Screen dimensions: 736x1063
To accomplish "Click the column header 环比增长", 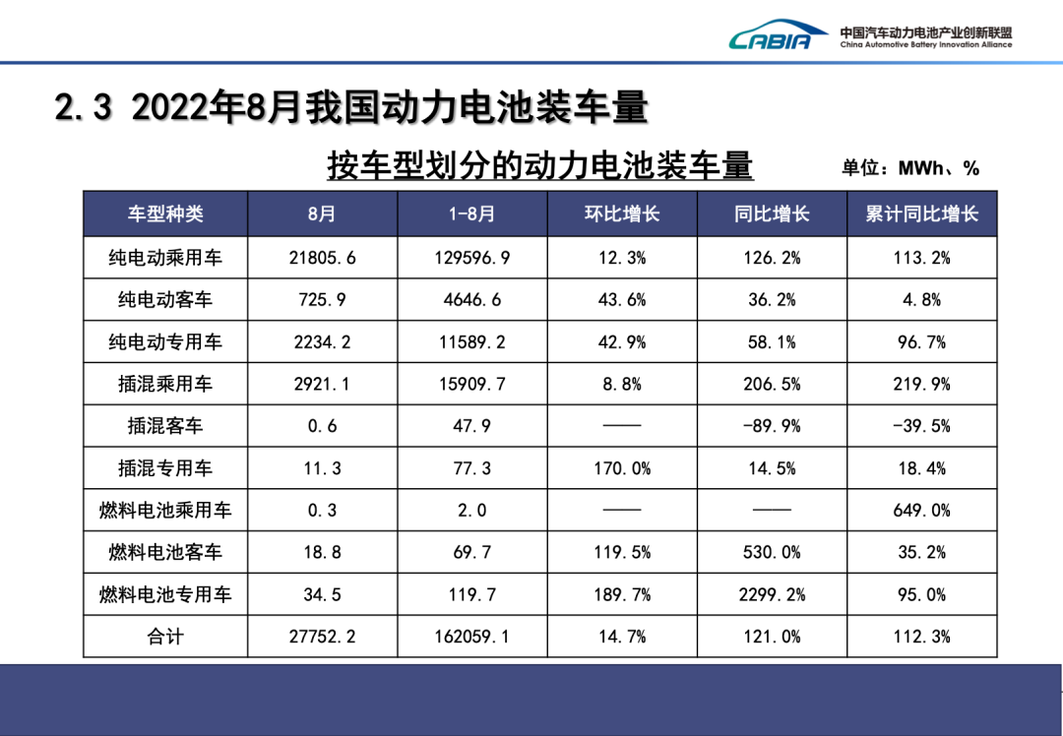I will coord(622,215).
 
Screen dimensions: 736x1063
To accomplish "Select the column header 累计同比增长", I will coord(922,215).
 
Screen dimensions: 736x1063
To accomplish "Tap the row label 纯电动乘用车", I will coord(165,258).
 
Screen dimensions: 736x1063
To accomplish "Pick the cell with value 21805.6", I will coord(323,258).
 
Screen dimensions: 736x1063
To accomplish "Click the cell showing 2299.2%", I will coord(772,594).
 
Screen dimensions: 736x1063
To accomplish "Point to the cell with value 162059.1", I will coord(471,637).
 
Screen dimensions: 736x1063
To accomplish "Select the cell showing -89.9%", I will coord(772,426).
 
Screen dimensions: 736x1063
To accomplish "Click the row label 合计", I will coord(165,637).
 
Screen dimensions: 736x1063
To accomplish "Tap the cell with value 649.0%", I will coord(922,511).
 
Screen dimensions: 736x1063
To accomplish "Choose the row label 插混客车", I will coord(165,426).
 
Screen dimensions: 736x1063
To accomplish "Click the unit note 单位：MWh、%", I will coord(910,168).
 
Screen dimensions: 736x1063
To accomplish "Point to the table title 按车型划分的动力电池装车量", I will coord(539,165).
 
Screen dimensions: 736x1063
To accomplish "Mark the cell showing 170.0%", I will coord(622,468).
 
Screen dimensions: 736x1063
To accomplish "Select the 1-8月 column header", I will coord(471,215).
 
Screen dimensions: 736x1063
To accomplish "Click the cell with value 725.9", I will coord(323,299).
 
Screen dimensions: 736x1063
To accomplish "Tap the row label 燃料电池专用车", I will coord(165,594).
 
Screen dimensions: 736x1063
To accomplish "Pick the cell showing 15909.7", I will coord(471,384).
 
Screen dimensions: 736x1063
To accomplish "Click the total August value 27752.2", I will coord(323,637).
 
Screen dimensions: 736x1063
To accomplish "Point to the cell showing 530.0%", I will coord(772,552).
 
